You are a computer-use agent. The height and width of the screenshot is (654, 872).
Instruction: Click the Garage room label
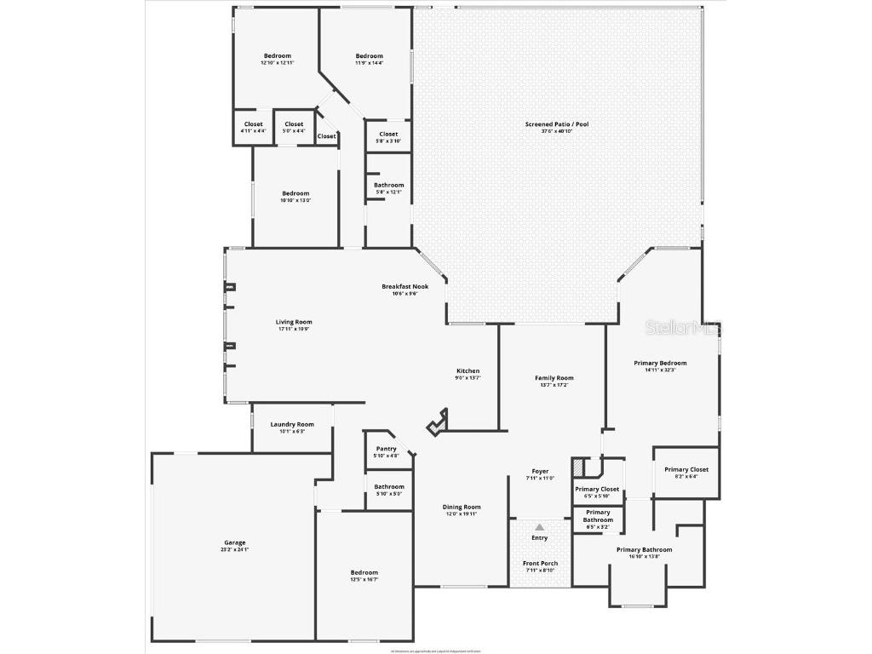pos(235,543)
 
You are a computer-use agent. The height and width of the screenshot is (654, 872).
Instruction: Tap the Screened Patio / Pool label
pos(557,124)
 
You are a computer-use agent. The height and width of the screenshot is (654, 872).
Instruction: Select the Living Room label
pos(295,323)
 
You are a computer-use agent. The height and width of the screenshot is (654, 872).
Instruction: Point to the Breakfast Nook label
pos(404,287)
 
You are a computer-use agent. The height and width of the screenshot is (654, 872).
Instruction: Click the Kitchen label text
pos(468,371)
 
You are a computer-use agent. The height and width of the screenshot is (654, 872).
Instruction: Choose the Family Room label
pos(554,378)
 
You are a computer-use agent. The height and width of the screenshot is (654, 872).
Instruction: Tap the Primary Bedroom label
pos(660,363)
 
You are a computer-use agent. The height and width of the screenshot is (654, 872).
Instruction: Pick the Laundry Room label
pos(292,425)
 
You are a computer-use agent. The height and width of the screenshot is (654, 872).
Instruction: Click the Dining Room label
pos(462,508)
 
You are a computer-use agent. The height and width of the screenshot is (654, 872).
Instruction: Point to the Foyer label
pos(540,471)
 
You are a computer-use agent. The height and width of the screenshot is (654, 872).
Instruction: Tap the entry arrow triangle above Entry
pos(540,528)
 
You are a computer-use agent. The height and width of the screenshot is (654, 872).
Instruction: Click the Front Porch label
pos(540,564)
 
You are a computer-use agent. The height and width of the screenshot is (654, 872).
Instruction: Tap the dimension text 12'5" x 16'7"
pos(364,579)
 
